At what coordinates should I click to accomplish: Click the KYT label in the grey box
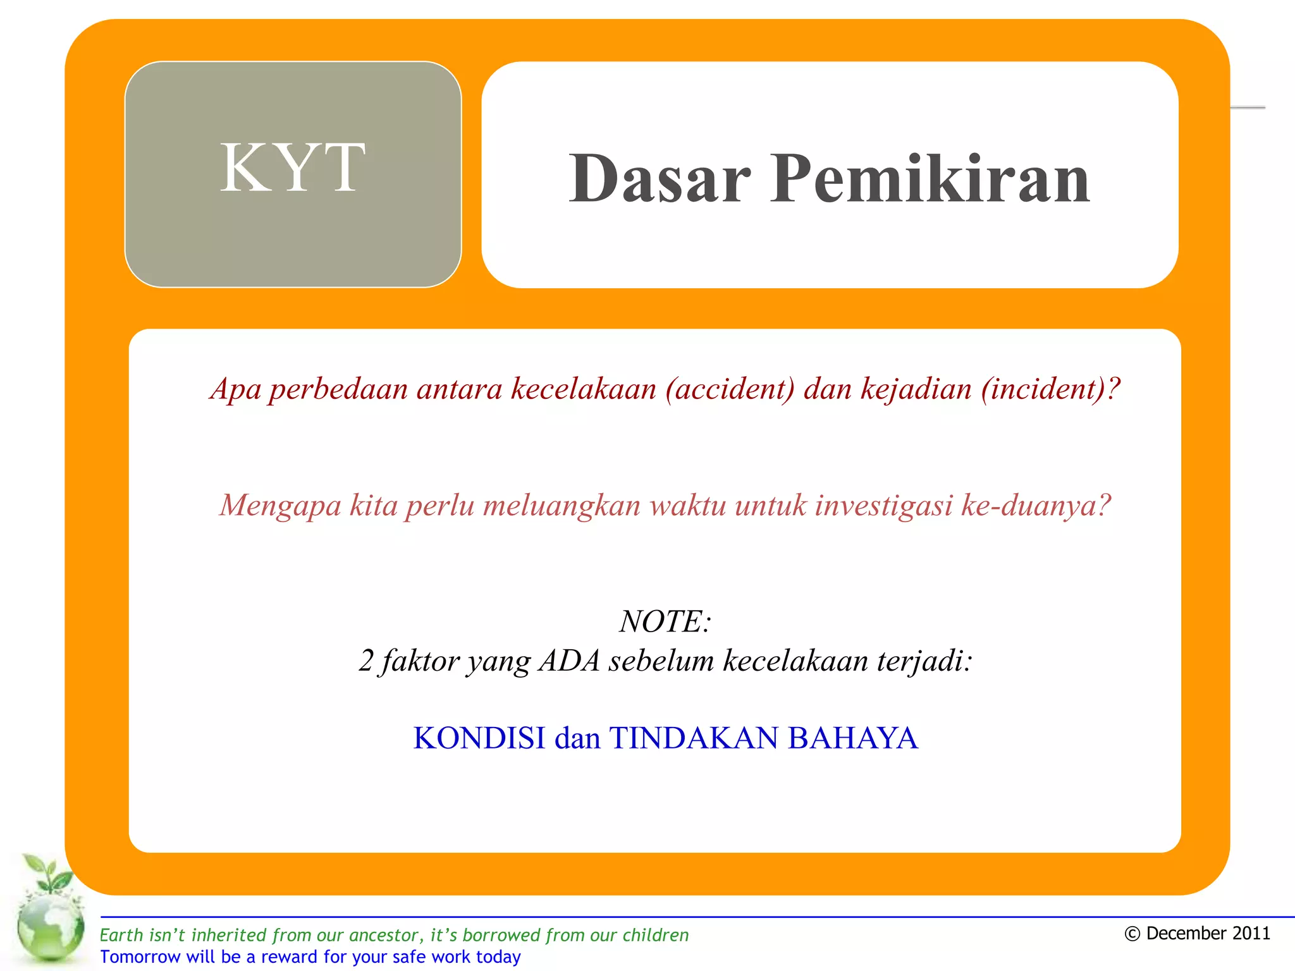pos(292,168)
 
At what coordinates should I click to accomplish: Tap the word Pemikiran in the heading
pos(930,180)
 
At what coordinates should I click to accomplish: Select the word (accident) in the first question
pos(730,388)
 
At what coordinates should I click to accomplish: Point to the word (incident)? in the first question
pos(1050,388)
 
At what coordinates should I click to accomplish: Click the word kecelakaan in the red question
pos(583,388)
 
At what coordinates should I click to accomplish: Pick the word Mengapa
pos(280,505)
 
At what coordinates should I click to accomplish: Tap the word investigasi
pos(883,505)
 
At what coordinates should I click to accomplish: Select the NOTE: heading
pos(665,621)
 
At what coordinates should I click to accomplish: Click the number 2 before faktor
pos(366,661)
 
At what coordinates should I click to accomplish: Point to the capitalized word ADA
pos(569,661)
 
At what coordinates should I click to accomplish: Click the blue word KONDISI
pos(479,738)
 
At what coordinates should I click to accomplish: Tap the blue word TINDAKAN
pos(693,738)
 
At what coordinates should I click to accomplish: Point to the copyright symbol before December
pos(1132,934)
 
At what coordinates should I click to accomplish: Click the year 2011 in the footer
pos(1249,934)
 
